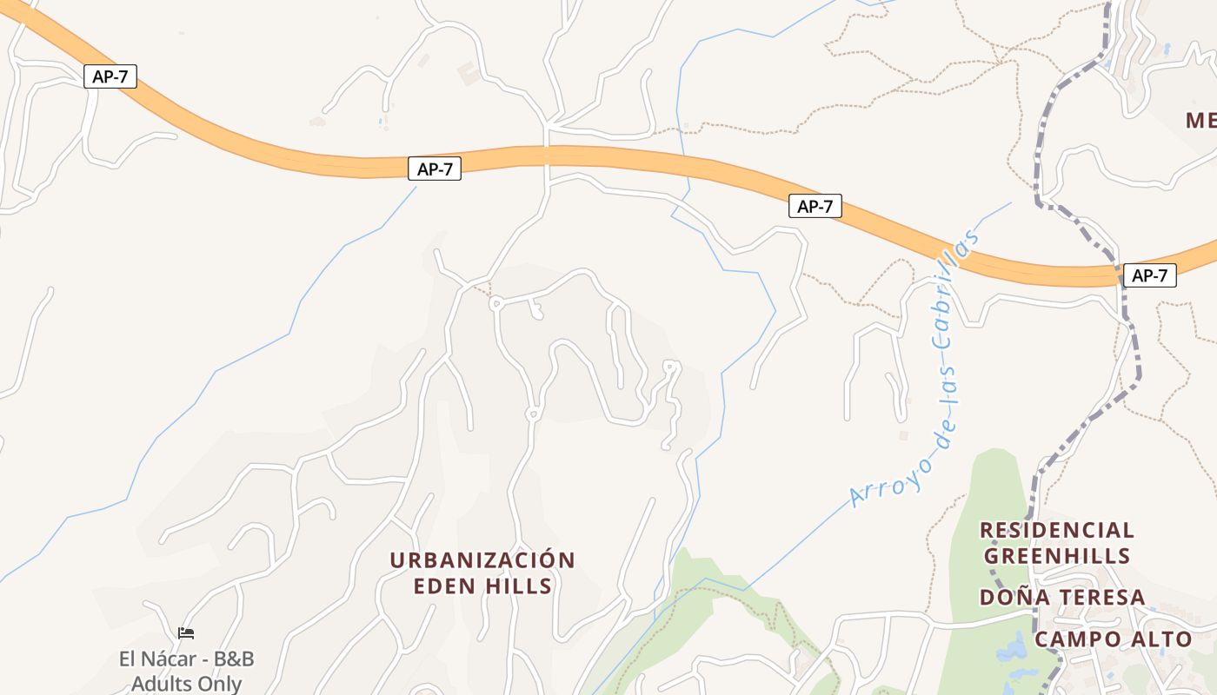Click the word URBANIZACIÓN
tap(482, 560)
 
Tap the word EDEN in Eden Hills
tap(443, 586)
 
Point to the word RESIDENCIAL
tap(1057, 530)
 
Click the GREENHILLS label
tap(1057, 556)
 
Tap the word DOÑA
tap(1014, 598)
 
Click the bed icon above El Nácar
tap(186, 633)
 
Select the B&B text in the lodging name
tap(232, 659)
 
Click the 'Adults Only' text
tap(186, 684)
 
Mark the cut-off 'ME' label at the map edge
tap(1200, 121)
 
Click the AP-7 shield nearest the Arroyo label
tap(815, 207)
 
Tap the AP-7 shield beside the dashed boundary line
tap(1149, 276)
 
